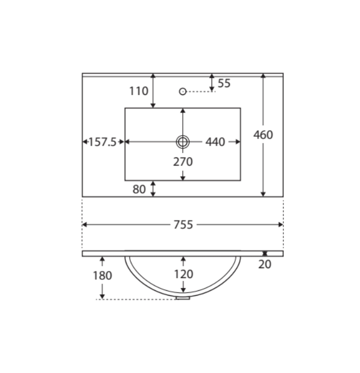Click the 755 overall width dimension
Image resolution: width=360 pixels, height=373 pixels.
coord(183,225)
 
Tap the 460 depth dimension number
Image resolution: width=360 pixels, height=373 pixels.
coord(263,135)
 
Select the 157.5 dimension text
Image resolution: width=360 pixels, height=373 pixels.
coord(102,142)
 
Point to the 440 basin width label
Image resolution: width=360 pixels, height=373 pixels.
coord(215,142)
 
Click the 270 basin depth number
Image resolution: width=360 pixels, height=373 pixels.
coord(183,162)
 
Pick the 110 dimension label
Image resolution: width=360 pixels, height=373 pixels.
coord(139,91)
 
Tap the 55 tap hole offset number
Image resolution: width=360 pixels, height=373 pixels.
coord(224,83)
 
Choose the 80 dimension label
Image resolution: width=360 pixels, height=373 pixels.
coord(139,189)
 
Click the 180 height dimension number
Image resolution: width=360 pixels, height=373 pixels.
coord(102,275)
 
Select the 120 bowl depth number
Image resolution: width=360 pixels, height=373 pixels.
coord(183,274)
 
